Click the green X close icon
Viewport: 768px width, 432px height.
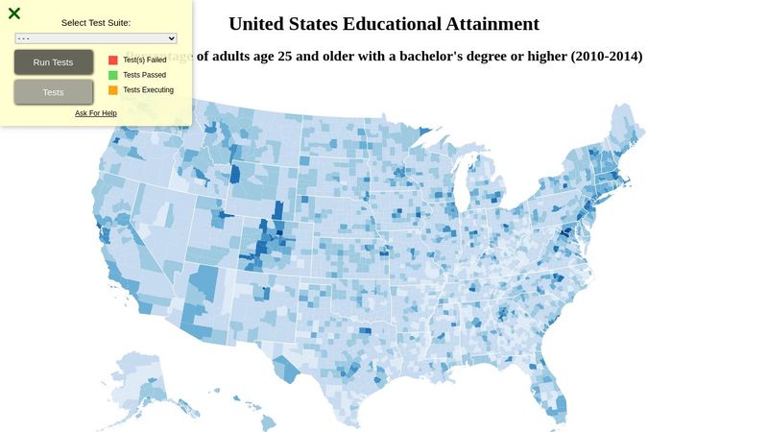(14, 13)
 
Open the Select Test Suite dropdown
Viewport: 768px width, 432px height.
(96, 38)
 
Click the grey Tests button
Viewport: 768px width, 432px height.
(54, 92)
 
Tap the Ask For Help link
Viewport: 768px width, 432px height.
(96, 113)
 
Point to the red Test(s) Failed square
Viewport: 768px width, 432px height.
(113, 60)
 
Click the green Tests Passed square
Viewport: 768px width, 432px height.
(113, 75)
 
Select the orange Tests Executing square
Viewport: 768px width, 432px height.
(113, 90)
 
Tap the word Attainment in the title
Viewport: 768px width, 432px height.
(492, 24)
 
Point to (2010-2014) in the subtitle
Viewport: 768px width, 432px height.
(606, 57)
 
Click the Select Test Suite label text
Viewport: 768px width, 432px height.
(96, 22)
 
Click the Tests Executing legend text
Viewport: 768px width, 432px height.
(149, 90)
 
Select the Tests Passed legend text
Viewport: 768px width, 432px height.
(145, 75)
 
